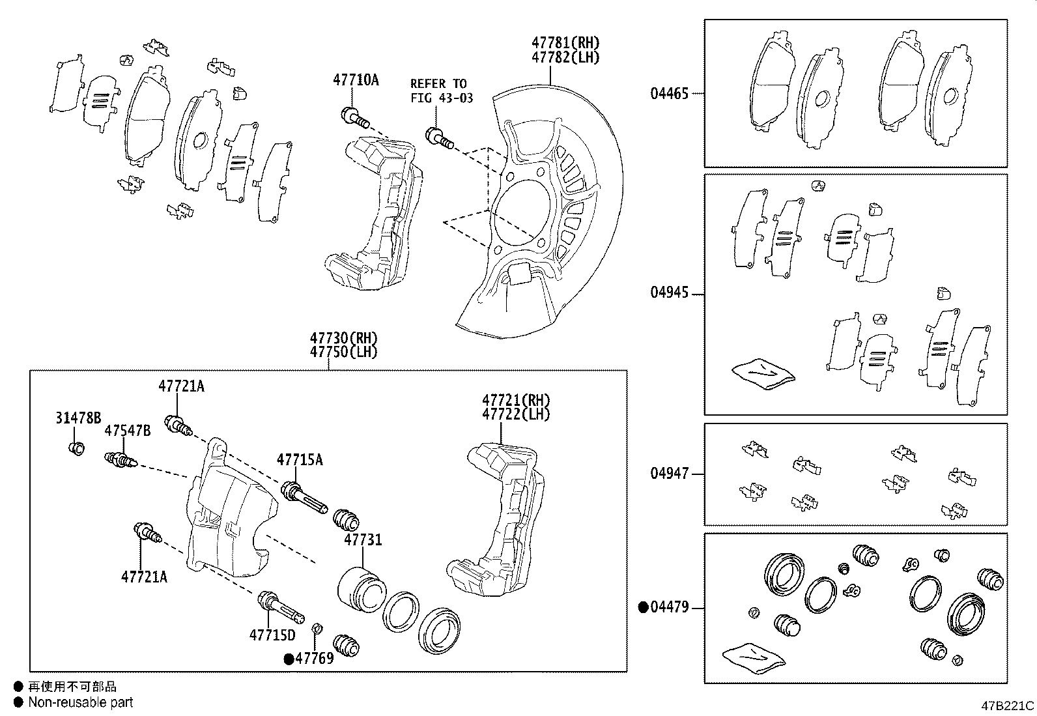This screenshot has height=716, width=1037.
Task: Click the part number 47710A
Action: coord(356,80)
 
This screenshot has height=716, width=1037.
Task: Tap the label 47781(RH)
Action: coord(565,43)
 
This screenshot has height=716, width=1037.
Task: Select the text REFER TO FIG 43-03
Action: coord(441,91)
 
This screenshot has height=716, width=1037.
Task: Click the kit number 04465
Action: coord(669,93)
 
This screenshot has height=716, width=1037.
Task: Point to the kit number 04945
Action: coord(669,293)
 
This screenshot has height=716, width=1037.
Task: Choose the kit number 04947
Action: coord(669,474)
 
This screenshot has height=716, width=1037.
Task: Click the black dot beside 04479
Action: coord(643,608)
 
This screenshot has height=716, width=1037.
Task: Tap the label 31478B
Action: coord(78,418)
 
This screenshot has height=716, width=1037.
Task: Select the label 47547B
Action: coord(128,431)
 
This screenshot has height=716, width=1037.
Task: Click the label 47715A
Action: coord(300,460)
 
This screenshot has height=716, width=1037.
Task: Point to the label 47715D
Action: coord(272,635)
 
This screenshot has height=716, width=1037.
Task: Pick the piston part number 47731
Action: coord(363,540)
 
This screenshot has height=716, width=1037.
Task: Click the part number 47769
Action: coord(314,658)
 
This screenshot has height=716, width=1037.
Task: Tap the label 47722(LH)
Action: coord(516,414)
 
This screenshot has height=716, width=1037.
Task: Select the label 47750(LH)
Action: coord(343,352)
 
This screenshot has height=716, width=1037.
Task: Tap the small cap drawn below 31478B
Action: coord(77,448)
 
